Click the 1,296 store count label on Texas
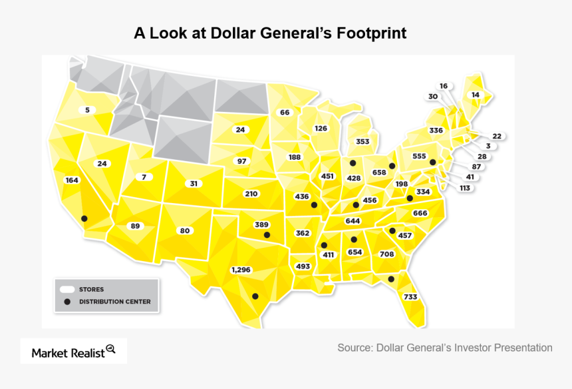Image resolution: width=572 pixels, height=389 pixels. [x=241, y=270]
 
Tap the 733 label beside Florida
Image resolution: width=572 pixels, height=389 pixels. [x=410, y=296]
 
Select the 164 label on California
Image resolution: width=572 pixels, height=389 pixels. [x=71, y=180]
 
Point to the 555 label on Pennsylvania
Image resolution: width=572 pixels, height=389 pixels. [x=419, y=155]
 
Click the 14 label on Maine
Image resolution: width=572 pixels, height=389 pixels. [x=475, y=95]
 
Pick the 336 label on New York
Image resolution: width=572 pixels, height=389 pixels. [x=436, y=130]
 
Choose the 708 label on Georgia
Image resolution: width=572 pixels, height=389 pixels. [x=387, y=254]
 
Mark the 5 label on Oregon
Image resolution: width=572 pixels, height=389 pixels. [x=87, y=110]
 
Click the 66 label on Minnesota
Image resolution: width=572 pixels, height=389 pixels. [x=285, y=113]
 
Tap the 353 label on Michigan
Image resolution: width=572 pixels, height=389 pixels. [x=362, y=141]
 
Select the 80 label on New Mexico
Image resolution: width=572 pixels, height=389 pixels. [x=185, y=230]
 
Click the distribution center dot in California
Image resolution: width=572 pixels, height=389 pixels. [x=84, y=218]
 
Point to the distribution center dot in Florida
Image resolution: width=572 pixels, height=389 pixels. [x=391, y=279]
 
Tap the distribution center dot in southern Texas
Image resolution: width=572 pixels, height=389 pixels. [x=255, y=296]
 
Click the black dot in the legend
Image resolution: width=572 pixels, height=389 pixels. [x=67, y=302]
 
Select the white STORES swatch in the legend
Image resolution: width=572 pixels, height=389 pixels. [x=67, y=289]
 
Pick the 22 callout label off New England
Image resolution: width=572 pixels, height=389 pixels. [x=497, y=136]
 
